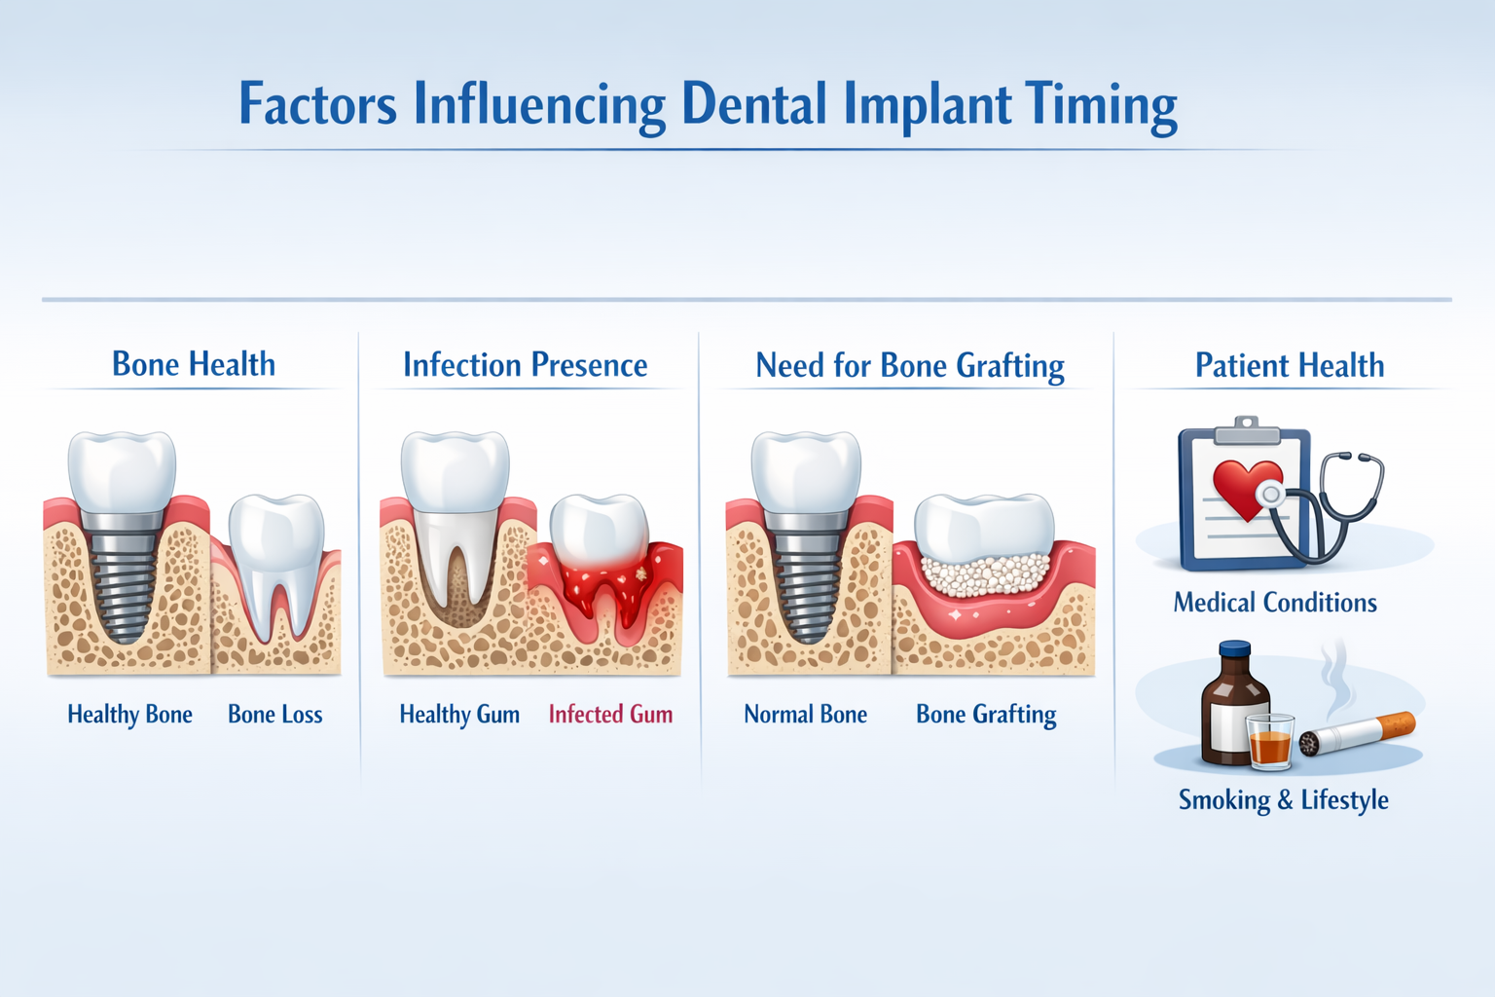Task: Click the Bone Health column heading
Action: click(x=194, y=364)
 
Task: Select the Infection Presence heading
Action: click(x=525, y=365)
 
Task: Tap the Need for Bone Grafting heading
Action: click(x=909, y=366)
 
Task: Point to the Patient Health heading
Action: click(x=1289, y=366)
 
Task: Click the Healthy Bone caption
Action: click(x=129, y=715)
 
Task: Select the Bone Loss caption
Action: click(x=274, y=715)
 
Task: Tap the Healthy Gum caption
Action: click(x=458, y=715)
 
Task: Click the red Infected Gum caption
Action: click(x=610, y=715)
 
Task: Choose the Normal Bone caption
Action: click(x=805, y=715)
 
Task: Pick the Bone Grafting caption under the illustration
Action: click(x=985, y=715)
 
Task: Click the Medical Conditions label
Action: click(x=1274, y=603)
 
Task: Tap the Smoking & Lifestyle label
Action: click(x=1283, y=800)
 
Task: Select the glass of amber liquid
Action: click(x=1269, y=743)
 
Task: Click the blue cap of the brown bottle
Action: click(x=1234, y=649)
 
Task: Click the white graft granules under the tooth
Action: click(x=985, y=575)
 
